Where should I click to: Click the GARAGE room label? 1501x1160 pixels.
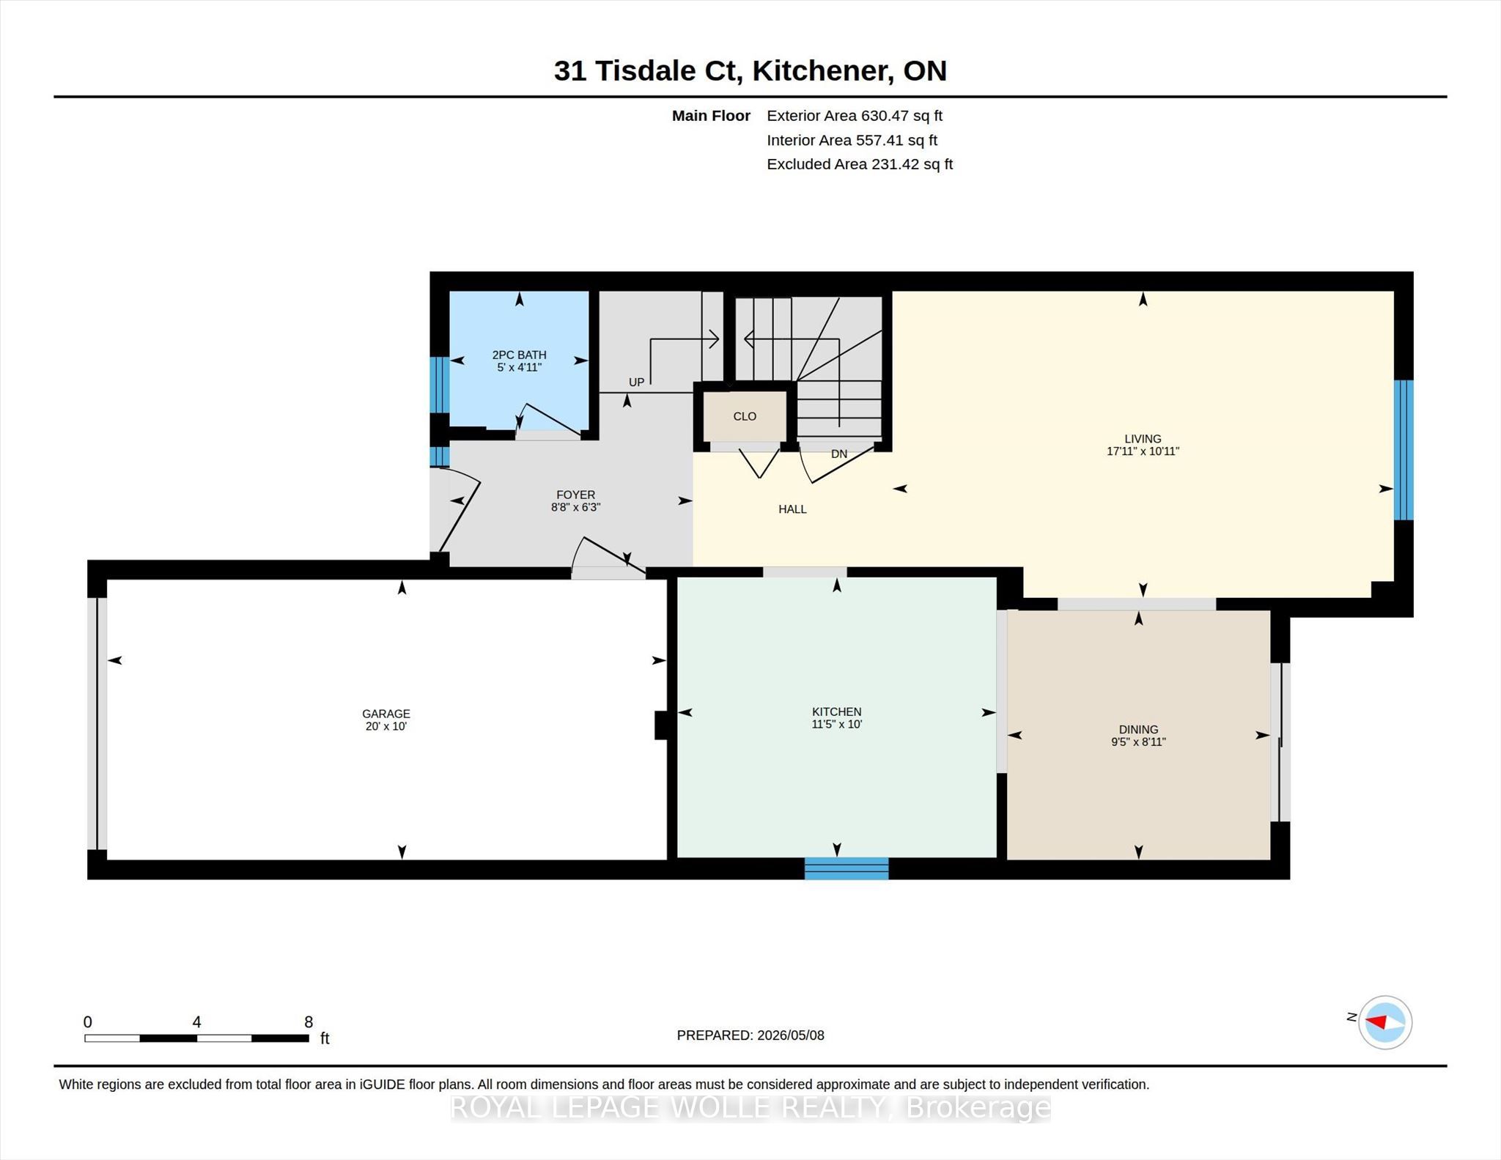click(x=386, y=714)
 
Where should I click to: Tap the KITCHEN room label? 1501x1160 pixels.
click(x=837, y=712)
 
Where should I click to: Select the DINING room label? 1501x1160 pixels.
click(x=1138, y=729)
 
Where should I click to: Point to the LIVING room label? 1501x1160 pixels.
click(x=1143, y=439)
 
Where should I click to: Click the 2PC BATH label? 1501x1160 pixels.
click(x=519, y=355)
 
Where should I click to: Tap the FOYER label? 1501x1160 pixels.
click(x=575, y=495)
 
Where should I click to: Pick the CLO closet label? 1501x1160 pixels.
click(x=745, y=416)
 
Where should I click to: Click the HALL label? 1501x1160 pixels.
click(x=792, y=509)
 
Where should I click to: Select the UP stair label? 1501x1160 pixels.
click(x=636, y=382)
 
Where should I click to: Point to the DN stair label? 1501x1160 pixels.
click(x=839, y=454)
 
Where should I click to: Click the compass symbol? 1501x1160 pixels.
click(x=1385, y=1022)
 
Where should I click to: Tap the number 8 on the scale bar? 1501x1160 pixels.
click(x=309, y=1022)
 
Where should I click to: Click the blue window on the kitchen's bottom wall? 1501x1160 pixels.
click(x=847, y=868)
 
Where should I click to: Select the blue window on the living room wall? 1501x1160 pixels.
click(x=1403, y=450)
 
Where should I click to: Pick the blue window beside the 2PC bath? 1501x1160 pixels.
click(x=439, y=385)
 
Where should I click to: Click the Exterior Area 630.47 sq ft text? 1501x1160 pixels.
click(x=855, y=116)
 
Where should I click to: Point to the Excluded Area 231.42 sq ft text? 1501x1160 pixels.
click(x=860, y=164)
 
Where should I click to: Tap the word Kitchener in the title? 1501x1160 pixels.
click(x=823, y=71)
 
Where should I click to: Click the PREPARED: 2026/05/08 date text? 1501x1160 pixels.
click(x=750, y=1035)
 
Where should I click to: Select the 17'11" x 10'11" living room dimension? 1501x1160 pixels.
click(x=1143, y=451)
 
